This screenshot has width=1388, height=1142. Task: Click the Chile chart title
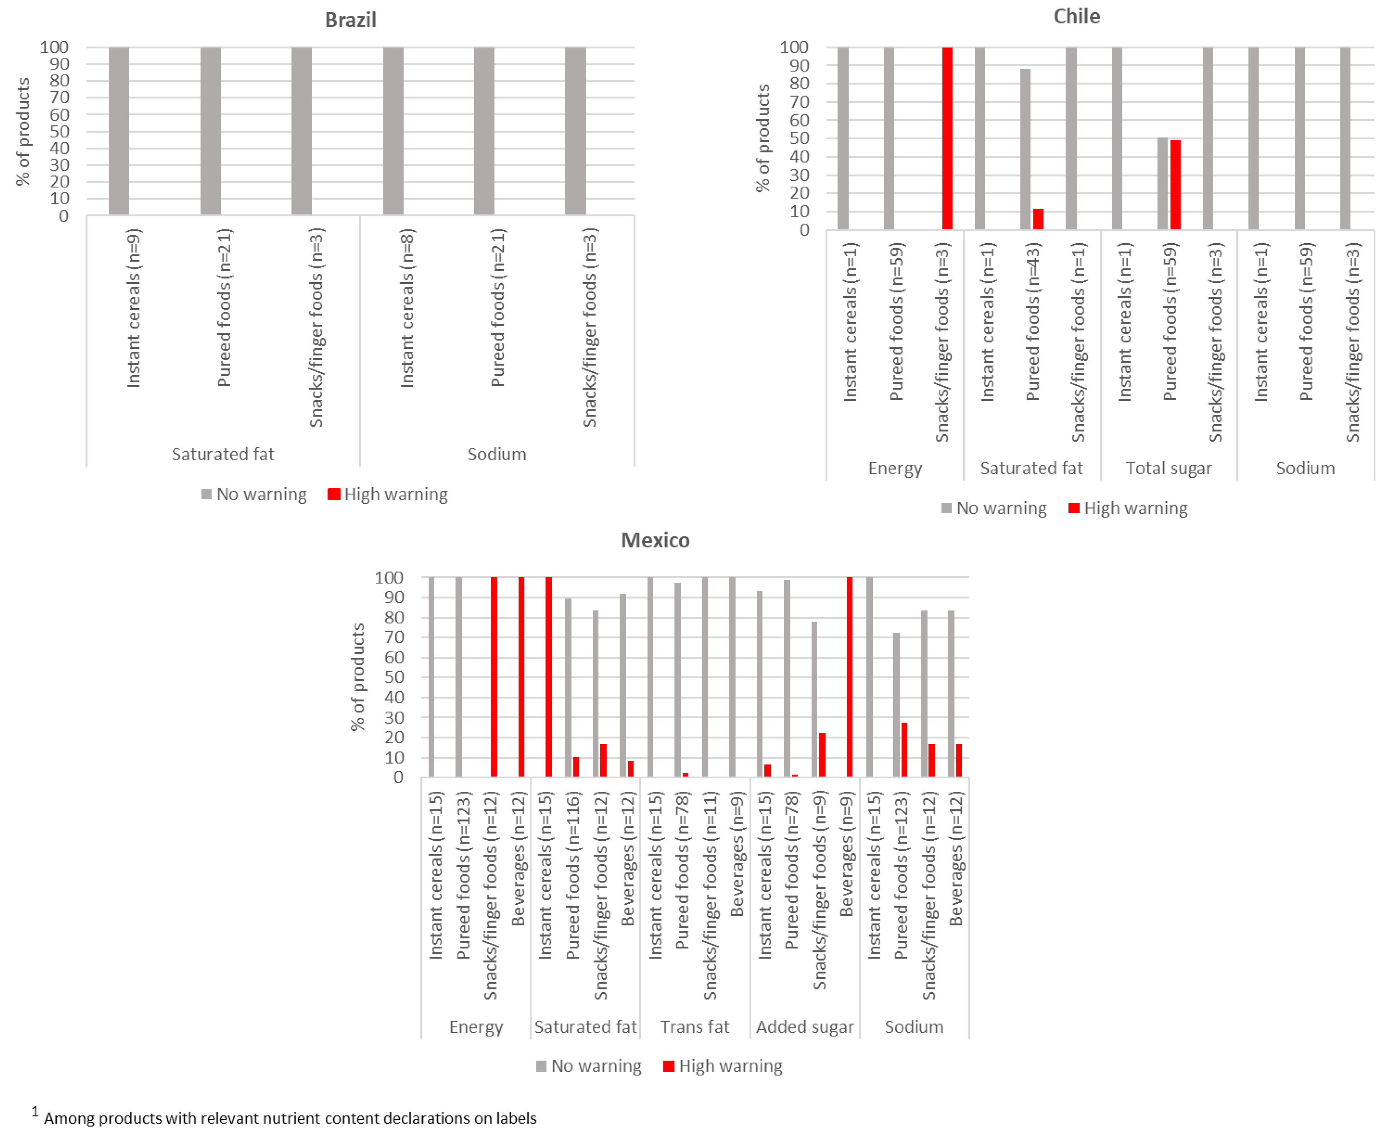(x=1076, y=17)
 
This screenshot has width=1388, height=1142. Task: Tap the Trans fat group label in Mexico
(x=695, y=1027)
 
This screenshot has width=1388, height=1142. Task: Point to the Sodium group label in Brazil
(x=497, y=454)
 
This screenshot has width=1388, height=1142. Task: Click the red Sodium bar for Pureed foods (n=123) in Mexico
(x=904, y=750)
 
